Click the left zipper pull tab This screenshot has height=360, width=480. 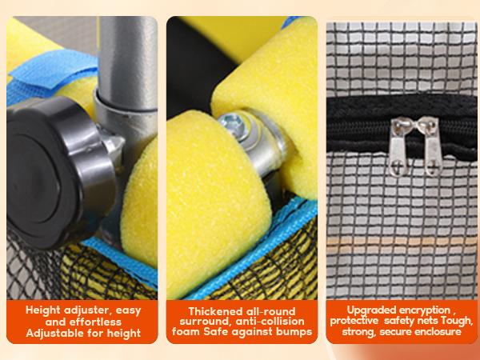399,147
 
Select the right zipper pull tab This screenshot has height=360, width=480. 431,147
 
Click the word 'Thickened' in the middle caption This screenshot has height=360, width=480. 212,311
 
